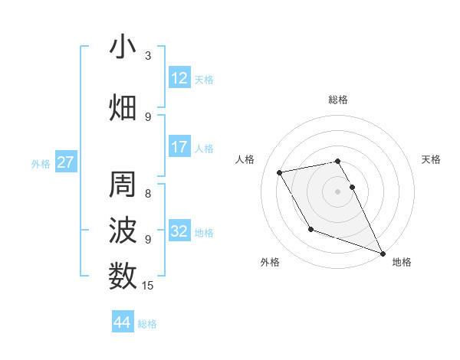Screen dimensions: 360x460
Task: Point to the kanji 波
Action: point(123,231)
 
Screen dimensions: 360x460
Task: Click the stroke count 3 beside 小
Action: point(148,56)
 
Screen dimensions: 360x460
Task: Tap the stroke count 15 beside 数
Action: point(149,286)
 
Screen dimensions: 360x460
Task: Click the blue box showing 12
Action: point(179,78)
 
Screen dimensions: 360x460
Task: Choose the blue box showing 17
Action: point(179,147)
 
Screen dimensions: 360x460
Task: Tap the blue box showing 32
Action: point(179,231)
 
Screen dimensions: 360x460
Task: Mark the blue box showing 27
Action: point(66,162)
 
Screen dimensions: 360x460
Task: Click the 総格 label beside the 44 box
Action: point(147,324)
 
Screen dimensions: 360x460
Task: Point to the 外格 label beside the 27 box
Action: point(41,163)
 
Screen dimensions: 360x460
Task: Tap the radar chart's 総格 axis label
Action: point(338,100)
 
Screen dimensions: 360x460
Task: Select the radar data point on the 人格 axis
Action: point(280,172)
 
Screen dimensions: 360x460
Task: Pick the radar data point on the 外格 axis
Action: point(310,229)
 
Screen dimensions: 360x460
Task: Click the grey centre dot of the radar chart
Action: point(338,191)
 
